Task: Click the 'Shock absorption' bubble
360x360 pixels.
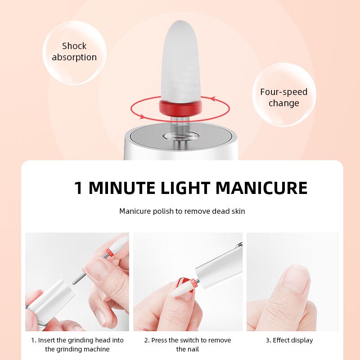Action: coord(74,52)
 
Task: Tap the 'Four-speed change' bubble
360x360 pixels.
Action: coord(284,97)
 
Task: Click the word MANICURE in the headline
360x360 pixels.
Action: coord(261,188)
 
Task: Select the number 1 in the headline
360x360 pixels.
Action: coord(79,188)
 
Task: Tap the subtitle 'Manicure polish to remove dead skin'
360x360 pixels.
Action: coord(182,211)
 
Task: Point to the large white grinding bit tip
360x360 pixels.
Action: coord(180,58)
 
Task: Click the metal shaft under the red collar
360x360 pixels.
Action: coord(180,124)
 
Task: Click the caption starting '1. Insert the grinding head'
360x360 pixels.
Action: coord(77,345)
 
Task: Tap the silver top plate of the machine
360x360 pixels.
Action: coord(180,138)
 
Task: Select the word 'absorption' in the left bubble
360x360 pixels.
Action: coord(74,58)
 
